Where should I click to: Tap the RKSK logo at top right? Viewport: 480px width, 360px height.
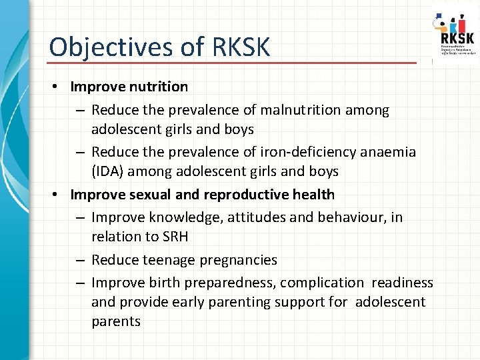pos(455,33)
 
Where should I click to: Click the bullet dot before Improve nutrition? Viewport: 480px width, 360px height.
pos(59,87)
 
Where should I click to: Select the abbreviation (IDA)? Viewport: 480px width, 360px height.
pos(107,171)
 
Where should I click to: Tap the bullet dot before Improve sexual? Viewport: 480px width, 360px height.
pos(59,195)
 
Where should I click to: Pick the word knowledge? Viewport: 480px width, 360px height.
pos(177,217)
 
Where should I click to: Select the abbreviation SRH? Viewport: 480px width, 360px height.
pos(175,236)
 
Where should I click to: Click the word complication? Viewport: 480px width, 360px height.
pos(322,283)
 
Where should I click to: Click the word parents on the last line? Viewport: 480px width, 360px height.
pos(116,321)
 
